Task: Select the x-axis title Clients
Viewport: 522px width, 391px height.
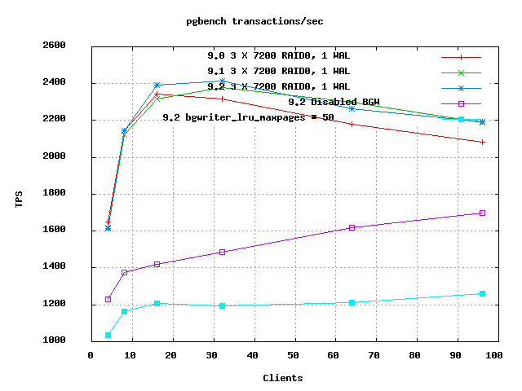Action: click(283, 378)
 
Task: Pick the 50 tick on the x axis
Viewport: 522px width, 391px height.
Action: click(294, 355)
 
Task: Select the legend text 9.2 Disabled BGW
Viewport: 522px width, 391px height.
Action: click(334, 102)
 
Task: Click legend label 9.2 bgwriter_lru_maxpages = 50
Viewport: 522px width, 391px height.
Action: click(248, 117)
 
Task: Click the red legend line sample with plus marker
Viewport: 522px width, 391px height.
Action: click(461, 58)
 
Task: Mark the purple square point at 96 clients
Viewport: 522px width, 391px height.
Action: click(482, 213)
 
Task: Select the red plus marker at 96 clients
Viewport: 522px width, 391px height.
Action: click(482, 142)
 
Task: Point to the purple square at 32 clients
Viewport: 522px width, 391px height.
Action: click(223, 252)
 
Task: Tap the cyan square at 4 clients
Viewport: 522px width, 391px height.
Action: click(108, 335)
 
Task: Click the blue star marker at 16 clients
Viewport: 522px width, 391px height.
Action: click(157, 85)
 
